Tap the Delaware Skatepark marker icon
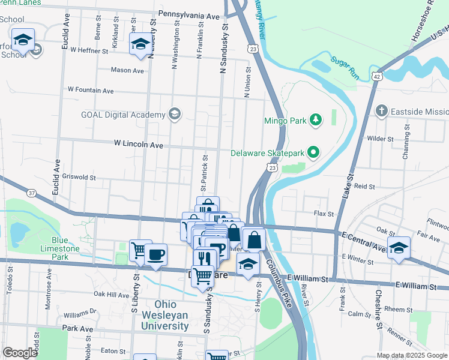313,152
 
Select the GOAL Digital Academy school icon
175,115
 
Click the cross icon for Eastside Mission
381,112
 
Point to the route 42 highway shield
376,76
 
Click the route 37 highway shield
31,192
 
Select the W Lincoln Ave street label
138,145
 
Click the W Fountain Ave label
91,90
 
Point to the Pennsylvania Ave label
189,14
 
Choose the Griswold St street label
79,178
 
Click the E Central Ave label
362,240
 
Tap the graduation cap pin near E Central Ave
399,248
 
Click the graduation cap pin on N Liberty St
140,44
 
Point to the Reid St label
364,187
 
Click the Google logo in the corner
20,353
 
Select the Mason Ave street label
127,70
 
